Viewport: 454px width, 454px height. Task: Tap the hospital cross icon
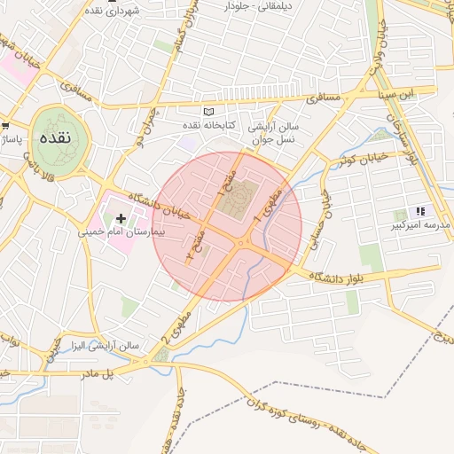point(121,217)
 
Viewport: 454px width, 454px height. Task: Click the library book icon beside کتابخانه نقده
point(209,112)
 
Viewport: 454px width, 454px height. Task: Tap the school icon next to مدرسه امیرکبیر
point(420,211)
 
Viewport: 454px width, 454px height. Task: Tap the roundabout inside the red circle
point(239,244)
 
